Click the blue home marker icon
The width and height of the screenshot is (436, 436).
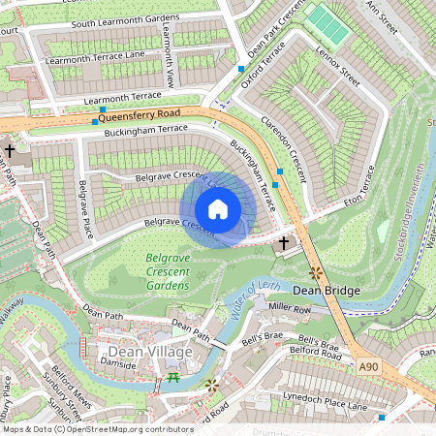[x=218, y=209]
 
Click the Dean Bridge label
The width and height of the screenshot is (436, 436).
[x=327, y=291]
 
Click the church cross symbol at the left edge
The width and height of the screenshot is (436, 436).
[x=10, y=151]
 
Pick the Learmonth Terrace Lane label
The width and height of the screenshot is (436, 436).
[x=94, y=55]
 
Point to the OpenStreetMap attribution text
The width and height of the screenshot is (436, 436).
[x=97, y=428]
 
